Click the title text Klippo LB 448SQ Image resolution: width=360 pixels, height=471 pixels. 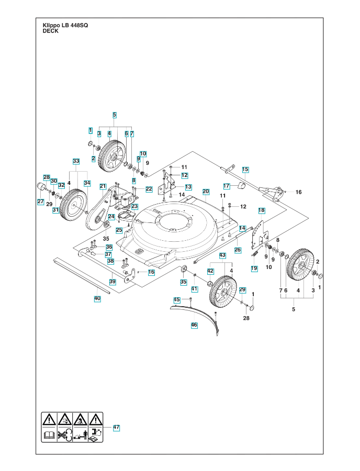pos(65,26)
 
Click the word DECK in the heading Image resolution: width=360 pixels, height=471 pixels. pos(50,31)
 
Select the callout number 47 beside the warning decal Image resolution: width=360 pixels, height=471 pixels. pos(116,428)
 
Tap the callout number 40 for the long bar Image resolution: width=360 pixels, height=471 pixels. pos(97,298)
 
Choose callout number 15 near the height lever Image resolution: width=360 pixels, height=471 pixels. pos(245,169)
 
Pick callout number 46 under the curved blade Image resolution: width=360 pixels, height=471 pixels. pos(194,324)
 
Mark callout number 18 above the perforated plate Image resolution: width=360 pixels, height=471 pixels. pos(261,210)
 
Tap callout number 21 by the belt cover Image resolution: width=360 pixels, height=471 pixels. pos(103,186)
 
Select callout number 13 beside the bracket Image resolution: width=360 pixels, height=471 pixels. pos(188,187)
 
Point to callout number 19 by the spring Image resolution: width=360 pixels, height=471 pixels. pos(254,268)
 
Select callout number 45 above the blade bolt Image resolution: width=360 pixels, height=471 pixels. pos(177,299)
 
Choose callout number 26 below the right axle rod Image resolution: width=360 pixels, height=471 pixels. pos(238,250)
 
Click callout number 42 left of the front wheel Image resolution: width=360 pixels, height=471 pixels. pos(210,271)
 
